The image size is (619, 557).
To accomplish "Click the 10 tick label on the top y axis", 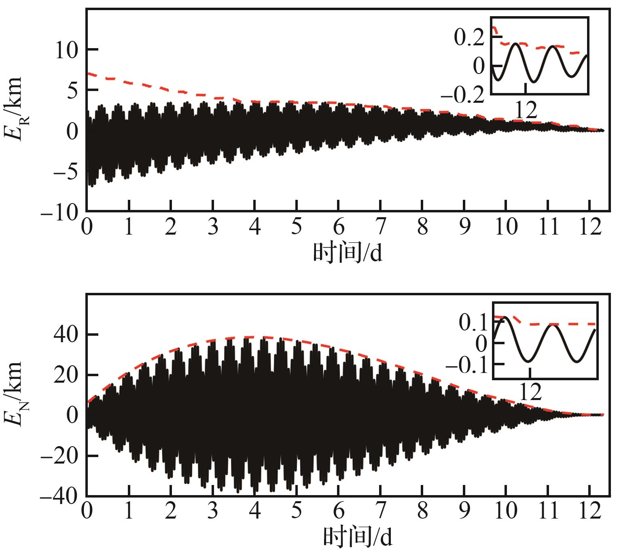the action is click(67, 50).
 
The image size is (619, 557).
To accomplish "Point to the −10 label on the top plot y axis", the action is click(59, 213).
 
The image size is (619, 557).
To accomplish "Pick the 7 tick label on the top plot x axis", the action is click(381, 227).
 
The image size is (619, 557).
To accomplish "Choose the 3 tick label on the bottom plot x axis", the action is click(213, 511).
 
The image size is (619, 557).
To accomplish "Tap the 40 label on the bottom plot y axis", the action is click(66, 335).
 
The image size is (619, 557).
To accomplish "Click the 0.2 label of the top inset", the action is click(469, 38).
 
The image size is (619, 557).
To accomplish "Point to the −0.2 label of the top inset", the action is click(462, 95).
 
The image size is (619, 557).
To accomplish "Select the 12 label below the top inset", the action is click(526, 110).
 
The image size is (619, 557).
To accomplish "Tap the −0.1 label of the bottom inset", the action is click(466, 366).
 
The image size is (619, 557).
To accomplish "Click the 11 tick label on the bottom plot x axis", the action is click(549, 511).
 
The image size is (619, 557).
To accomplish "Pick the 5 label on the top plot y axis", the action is click(72, 91).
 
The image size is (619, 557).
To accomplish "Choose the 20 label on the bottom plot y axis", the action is click(66, 375).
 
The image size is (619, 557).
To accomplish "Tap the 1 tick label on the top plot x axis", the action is click(129, 227).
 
